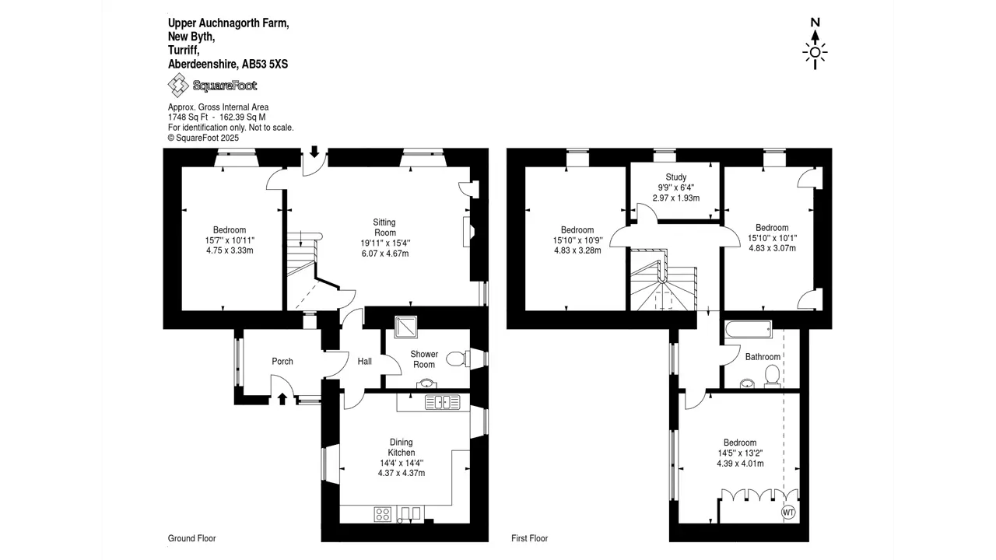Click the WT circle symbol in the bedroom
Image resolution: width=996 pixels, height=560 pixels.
tap(788, 513)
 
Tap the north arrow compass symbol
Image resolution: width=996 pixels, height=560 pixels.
tap(815, 44)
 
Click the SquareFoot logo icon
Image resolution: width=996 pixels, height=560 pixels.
tap(178, 85)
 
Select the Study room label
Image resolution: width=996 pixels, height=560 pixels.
tap(676, 177)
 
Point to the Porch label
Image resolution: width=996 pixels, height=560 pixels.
tap(282, 362)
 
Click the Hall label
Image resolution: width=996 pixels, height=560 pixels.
tap(365, 362)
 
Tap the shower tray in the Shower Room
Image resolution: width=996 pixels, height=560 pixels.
tap(405, 327)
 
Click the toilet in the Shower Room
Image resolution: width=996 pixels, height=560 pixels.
tap(458, 359)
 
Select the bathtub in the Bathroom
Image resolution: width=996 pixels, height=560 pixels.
tap(749, 330)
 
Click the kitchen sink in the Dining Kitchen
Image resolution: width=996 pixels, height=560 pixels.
tap(443, 402)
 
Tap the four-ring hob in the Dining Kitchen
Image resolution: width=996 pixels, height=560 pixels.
tap(383, 514)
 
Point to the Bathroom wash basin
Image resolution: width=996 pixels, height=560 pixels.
tap(748, 383)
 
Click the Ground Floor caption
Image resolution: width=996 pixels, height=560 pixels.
tap(191, 538)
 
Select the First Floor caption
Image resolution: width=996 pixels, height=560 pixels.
tap(530, 538)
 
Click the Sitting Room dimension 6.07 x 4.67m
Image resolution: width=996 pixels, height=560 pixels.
tap(385, 254)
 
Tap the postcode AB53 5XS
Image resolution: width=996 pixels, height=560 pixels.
tap(265, 65)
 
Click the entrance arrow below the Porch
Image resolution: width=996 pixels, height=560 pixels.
tap(282, 399)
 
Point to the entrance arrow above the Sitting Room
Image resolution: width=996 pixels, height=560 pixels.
tap(314, 152)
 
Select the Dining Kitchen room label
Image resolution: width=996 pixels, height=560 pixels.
tap(402, 447)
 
